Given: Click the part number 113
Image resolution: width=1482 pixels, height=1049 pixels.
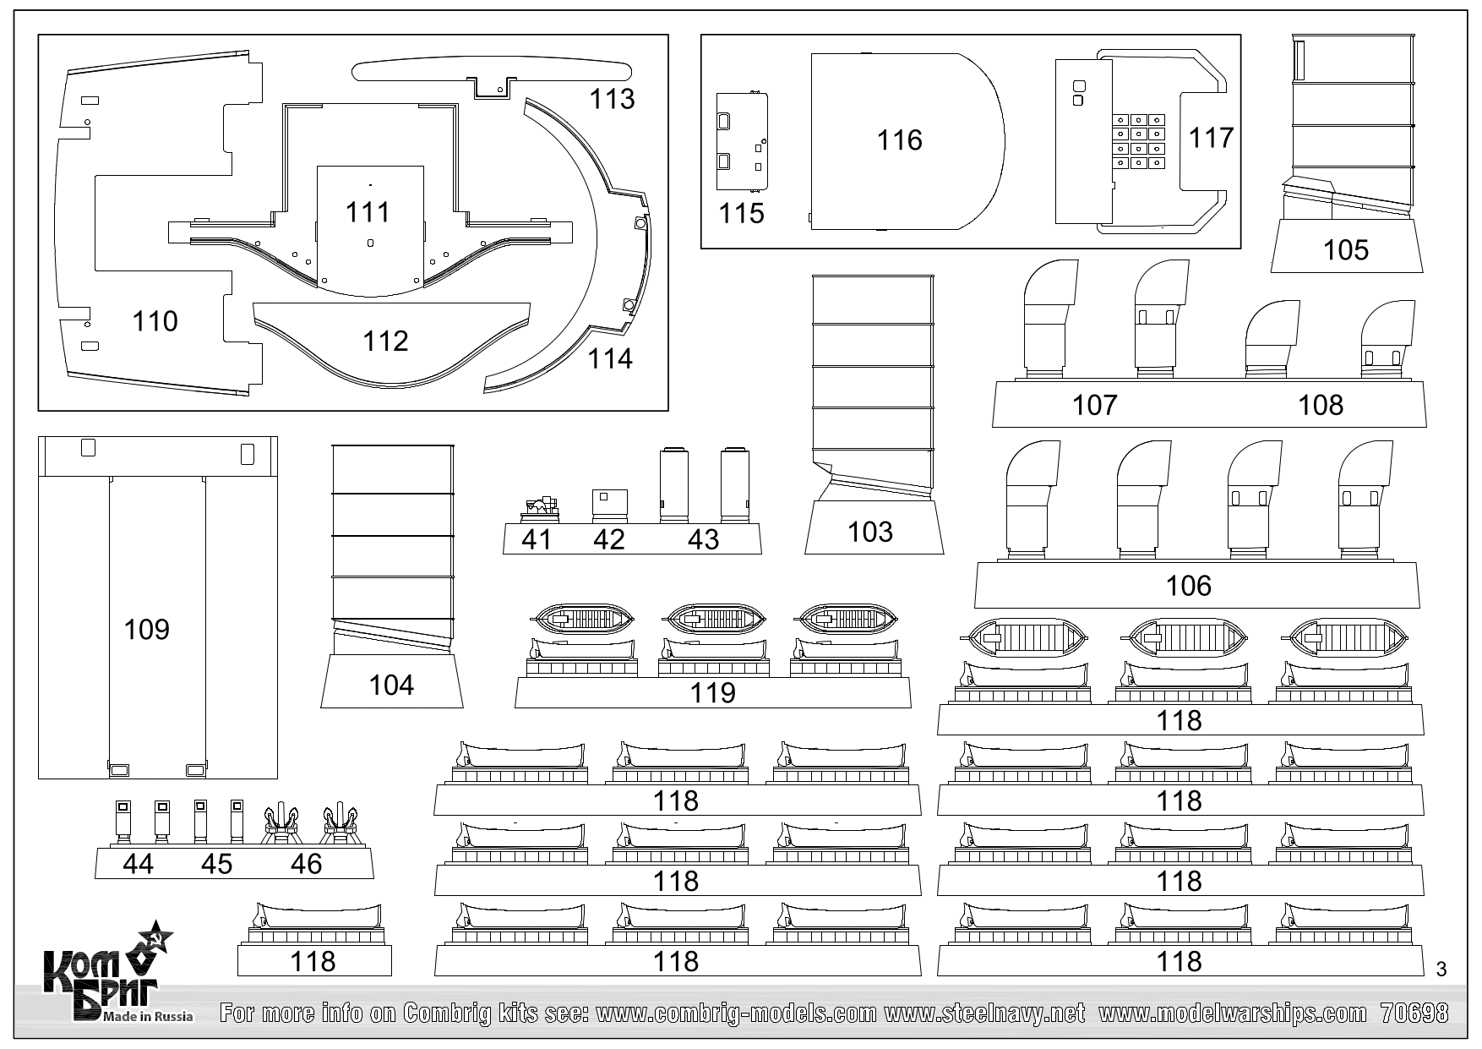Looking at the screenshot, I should pyautogui.click(x=612, y=99).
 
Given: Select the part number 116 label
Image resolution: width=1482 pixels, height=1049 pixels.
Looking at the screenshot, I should pyautogui.click(x=899, y=139).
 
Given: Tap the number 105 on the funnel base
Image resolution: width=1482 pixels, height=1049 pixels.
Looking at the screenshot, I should pyautogui.click(x=1345, y=249).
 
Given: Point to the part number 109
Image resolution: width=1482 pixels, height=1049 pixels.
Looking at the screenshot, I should pyautogui.click(x=146, y=629).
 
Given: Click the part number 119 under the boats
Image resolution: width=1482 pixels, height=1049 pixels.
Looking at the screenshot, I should pyautogui.click(x=712, y=693).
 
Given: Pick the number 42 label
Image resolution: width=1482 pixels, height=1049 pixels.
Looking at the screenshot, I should pyautogui.click(x=608, y=539).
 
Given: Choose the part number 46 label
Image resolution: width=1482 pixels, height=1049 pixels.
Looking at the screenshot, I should pyautogui.click(x=306, y=863).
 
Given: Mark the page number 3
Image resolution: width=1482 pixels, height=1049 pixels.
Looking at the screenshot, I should pyautogui.click(x=1441, y=969).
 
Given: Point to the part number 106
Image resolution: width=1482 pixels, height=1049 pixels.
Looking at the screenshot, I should pyautogui.click(x=1188, y=586).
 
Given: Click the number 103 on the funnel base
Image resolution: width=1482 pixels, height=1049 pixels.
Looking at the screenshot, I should pyautogui.click(x=870, y=532).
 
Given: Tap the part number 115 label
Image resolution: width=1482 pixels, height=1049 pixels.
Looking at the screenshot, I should pyautogui.click(x=741, y=213).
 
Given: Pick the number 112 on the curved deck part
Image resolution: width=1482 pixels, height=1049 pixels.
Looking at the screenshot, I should pyautogui.click(x=385, y=341).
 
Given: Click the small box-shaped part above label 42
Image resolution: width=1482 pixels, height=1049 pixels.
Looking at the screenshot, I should pyautogui.click(x=609, y=500).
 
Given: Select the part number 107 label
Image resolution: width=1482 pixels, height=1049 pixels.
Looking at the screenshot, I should pyautogui.click(x=1095, y=405).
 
